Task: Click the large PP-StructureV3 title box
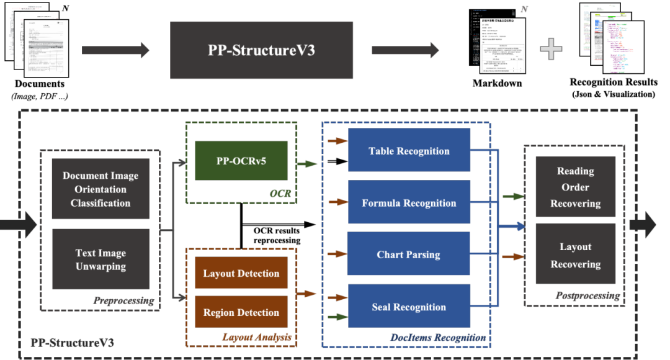pos(261,50)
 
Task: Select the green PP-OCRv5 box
pos(241,161)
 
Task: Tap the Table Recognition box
pos(409,151)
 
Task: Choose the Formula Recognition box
pos(409,203)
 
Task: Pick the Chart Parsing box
pos(409,254)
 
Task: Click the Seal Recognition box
pos(409,307)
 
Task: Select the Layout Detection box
pos(241,273)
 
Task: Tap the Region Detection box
pos(241,312)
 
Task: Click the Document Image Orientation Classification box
pos(100,189)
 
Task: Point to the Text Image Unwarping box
pos(100,259)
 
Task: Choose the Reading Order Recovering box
pos(575,187)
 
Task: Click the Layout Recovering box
pos(575,255)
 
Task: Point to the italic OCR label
pos(280,194)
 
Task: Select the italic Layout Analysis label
pos(256,338)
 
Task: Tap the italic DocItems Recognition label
pos(437,338)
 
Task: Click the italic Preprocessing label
pos(123,301)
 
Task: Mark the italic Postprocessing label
pos(587,296)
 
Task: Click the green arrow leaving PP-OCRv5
pos(307,164)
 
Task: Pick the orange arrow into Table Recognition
pos(337,142)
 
